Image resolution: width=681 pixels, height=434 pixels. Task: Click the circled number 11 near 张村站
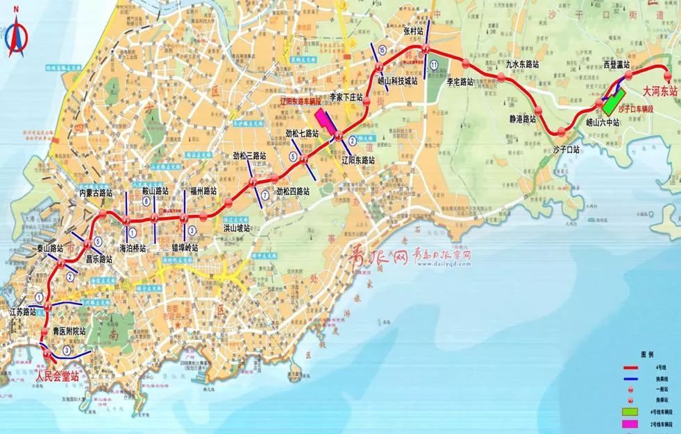point(434,64)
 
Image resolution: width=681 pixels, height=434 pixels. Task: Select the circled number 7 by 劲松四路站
point(264,195)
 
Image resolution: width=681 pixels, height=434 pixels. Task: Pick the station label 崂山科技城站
point(397,80)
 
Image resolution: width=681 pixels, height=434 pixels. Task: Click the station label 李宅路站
point(459,81)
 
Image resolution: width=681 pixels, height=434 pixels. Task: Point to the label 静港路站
point(522,119)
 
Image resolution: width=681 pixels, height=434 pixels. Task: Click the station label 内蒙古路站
point(95,192)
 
